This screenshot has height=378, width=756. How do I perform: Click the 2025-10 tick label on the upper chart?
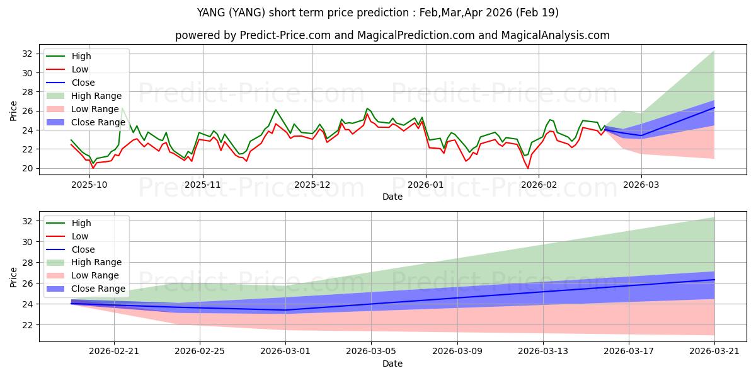[89, 185]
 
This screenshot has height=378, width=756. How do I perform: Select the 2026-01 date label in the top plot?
[426, 185]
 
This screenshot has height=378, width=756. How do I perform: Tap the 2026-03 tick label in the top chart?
[641, 185]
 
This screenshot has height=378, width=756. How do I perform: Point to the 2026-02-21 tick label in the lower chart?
[114, 351]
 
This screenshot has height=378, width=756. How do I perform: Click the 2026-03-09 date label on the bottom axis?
[457, 351]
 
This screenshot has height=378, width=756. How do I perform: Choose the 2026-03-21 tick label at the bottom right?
[714, 351]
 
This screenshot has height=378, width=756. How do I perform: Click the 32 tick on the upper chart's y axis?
[27, 54]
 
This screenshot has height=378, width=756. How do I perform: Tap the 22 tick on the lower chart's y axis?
[27, 325]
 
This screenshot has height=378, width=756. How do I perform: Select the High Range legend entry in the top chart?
[84, 96]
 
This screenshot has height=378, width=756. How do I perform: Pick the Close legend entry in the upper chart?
[71, 83]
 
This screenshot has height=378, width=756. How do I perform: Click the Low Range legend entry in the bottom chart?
[83, 275]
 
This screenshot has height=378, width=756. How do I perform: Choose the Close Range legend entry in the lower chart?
[86, 289]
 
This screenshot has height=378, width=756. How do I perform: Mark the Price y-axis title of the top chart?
[13, 111]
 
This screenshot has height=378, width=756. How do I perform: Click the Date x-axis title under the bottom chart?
[392, 364]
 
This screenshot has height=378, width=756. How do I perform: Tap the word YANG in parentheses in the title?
[247, 13]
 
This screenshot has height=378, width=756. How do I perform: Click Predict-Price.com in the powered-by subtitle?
[285, 35]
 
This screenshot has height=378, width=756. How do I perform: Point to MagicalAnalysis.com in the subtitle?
[555, 35]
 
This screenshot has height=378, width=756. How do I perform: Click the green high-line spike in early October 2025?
[122, 108]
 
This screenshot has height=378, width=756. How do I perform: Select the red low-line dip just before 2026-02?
[528, 168]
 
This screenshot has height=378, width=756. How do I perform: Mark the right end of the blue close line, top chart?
[714, 108]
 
